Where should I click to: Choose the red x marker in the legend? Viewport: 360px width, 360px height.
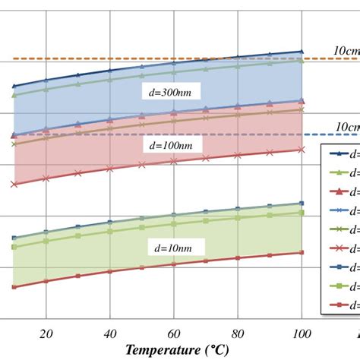coord(336,248)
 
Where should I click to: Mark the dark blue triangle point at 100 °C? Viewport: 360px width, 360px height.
coord(302,52)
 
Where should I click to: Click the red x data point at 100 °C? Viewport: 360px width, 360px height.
coord(302,150)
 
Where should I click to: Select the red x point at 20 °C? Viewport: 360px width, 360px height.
coord(46,178)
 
